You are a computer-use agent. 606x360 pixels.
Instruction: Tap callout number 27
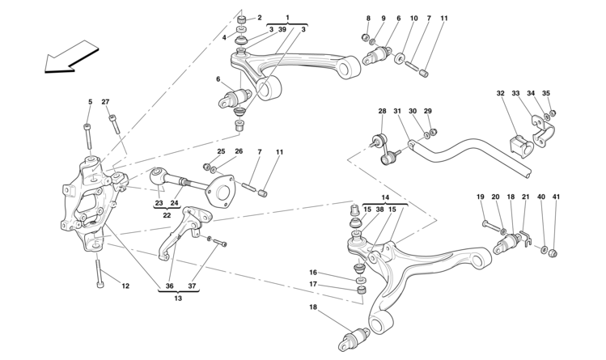[105, 102]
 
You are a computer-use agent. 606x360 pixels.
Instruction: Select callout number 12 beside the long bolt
[125, 286]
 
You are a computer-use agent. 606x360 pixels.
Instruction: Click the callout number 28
[382, 111]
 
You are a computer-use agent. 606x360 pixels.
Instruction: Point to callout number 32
[500, 93]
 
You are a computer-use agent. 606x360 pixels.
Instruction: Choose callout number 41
[556, 197]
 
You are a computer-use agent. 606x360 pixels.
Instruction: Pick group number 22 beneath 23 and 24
[167, 215]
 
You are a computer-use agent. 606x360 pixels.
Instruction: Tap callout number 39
[282, 29]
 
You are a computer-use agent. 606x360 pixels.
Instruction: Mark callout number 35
[546, 93]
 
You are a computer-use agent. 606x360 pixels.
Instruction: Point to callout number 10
[413, 18]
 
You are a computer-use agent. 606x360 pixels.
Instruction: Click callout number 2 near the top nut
[260, 17]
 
